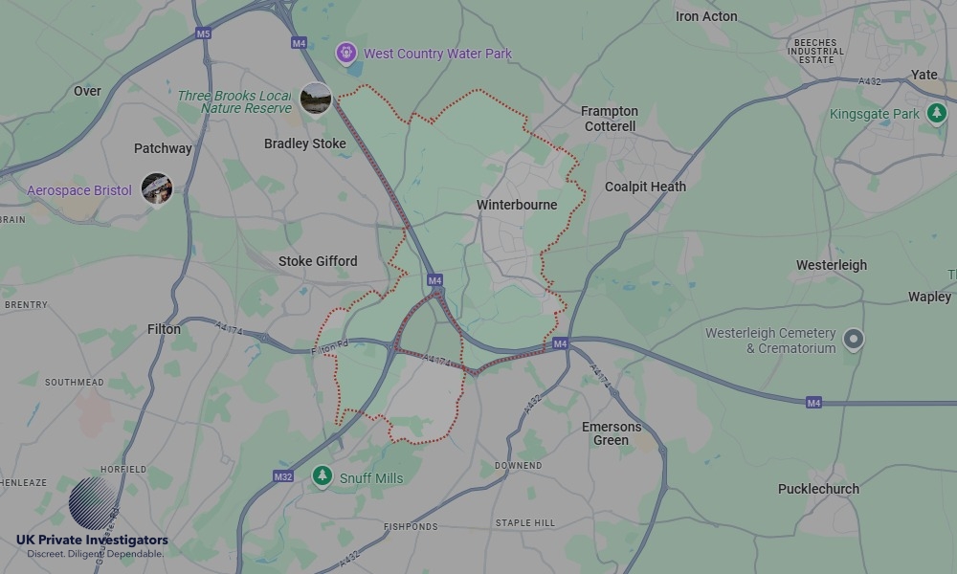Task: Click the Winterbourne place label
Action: [x=517, y=205]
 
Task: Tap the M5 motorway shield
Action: [x=203, y=33]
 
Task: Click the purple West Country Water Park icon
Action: [x=345, y=54]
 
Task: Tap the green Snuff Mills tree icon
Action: [x=323, y=476]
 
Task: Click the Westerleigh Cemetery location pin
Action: [x=852, y=339]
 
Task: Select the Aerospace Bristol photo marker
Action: [x=156, y=188]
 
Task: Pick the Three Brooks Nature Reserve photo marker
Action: [x=316, y=98]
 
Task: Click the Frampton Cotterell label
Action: [x=609, y=119]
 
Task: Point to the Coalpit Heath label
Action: [x=645, y=187]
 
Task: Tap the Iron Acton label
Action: [x=706, y=16]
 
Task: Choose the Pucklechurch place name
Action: [x=818, y=489]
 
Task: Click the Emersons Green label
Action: [x=612, y=433]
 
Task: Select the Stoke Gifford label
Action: [x=318, y=261]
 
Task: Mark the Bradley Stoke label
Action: [x=304, y=143]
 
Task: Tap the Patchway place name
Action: [x=163, y=148]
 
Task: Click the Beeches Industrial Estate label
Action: [x=815, y=51]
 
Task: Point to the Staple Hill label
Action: [x=524, y=523]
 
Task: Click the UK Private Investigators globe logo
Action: [x=92, y=503]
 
